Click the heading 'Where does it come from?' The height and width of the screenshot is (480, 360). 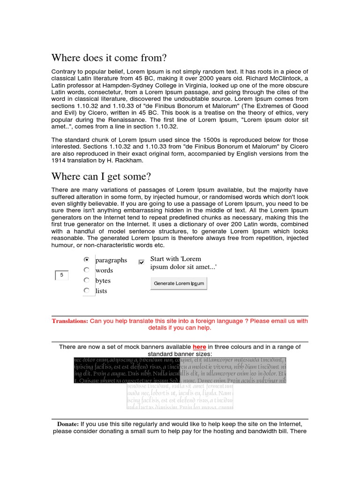[109, 58]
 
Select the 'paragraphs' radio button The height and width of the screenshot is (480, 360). [86, 259]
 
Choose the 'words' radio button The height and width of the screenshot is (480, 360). [86, 270]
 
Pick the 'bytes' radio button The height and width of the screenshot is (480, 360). [86, 280]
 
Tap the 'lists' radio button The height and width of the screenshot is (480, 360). [86, 291]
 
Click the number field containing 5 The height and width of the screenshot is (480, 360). [61, 275]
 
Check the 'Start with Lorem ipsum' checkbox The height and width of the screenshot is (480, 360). [142, 262]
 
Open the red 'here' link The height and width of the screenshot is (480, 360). [199, 347]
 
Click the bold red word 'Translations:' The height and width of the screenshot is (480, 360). [70, 321]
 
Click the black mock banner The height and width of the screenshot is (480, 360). [127, 370]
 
